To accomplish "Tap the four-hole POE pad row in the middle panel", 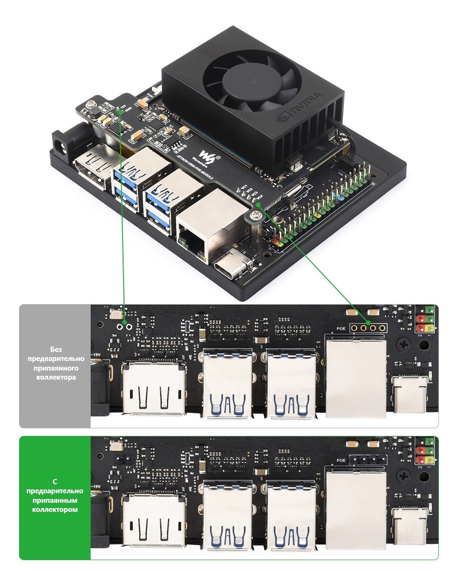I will coord(368,328).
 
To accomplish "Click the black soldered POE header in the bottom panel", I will coord(368,460).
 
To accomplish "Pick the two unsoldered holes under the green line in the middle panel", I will coord(125,326).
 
